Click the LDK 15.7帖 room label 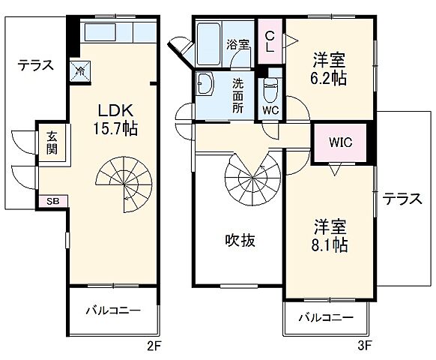click(115, 118)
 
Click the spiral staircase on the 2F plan click(124, 184)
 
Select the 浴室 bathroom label click(238, 44)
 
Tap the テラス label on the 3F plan click(402, 199)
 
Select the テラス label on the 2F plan click(36, 65)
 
